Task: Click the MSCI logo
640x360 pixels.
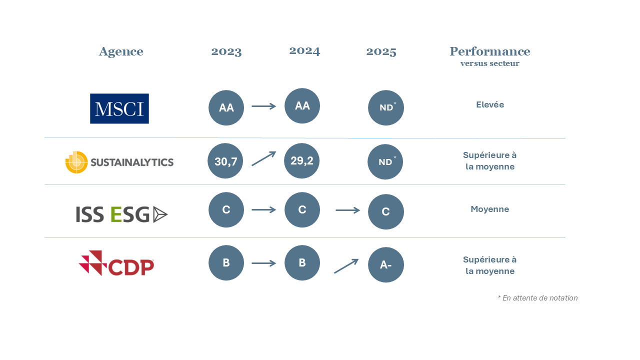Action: (119, 108)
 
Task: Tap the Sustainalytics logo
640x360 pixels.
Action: (119, 162)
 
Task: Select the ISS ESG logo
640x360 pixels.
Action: (121, 214)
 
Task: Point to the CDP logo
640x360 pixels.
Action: (116, 263)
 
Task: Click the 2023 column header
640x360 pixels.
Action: (226, 51)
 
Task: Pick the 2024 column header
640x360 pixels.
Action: (304, 51)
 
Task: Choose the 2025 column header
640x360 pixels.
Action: (381, 51)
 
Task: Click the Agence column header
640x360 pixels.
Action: (121, 52)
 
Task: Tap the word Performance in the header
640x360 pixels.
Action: (490, 51)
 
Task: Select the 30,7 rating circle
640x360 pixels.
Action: (225, 161)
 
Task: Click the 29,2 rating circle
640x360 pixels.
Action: (301, 161)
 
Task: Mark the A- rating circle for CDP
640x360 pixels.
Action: (386, 265)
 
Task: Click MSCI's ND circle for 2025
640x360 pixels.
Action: (386, 107)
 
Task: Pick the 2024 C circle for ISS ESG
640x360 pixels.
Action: (302, 209)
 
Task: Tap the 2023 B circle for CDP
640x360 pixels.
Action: (226, 263)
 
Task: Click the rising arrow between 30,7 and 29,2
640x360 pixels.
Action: (263, 158)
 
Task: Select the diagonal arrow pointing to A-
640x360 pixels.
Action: (346, 266)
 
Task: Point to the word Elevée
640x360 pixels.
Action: (490, 104)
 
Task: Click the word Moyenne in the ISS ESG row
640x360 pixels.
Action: (490, 209)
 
